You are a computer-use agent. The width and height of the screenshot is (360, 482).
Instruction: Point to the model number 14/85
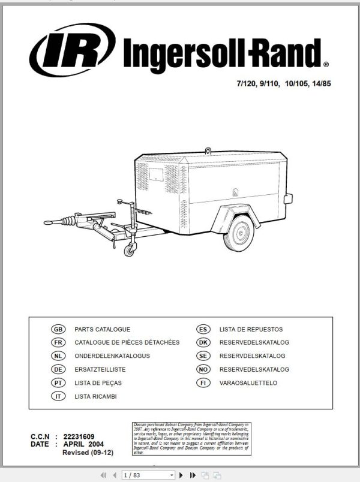click(320, 84)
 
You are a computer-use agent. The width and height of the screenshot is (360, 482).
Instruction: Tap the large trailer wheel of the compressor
click(240, 231)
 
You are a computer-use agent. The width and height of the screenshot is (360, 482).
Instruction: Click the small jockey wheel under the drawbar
click(128, 251)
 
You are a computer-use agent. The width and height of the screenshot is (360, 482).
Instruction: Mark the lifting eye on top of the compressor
click(208, 150)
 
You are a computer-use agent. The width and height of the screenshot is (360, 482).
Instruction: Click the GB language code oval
click(58, 329)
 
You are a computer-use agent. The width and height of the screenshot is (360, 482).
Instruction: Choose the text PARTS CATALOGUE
click(102, 329)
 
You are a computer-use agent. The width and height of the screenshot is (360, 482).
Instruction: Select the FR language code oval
click(58, 342)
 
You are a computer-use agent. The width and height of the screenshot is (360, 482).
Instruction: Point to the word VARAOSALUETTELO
click(248, 382)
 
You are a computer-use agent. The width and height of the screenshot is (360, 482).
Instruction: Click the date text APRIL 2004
click(83, 444)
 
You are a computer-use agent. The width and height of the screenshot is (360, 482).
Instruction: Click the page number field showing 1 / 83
click(147, 475)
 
